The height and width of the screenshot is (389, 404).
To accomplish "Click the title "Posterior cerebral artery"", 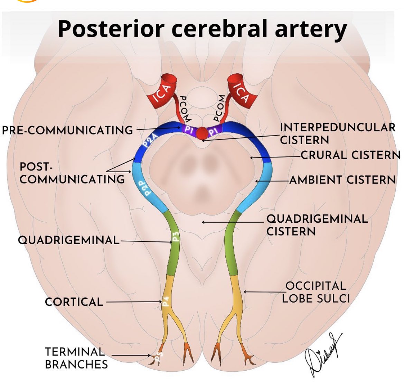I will coord(202,29).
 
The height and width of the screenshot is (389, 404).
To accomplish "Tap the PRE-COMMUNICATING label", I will coord(67,130).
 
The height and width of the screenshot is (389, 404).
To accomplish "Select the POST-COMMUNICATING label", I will coord(72,173).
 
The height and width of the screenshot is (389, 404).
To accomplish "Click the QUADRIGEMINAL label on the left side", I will coord(68,240).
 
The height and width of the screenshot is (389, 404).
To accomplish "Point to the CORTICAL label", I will coord(74,302).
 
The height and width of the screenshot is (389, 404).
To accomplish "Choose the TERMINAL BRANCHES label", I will coord(76,358).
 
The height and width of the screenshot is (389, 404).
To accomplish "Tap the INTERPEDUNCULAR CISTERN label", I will coord(337,133).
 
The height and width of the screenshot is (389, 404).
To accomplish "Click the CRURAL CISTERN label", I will coord(350,155).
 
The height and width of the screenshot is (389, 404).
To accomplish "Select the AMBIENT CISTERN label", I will coord(342,180).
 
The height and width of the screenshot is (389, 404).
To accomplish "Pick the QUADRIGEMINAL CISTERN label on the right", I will coord(317,225).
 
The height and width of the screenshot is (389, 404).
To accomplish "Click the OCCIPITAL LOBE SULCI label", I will coord(316,292).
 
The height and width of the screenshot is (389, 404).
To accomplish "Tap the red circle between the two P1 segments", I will coord(202,132).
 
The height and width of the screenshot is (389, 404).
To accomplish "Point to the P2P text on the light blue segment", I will coord(148,188).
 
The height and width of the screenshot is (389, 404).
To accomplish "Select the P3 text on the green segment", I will coord(176,237).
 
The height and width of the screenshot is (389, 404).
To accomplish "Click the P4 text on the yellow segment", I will coord(166,302).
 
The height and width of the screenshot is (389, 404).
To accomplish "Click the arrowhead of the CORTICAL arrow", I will coord(160,302).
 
